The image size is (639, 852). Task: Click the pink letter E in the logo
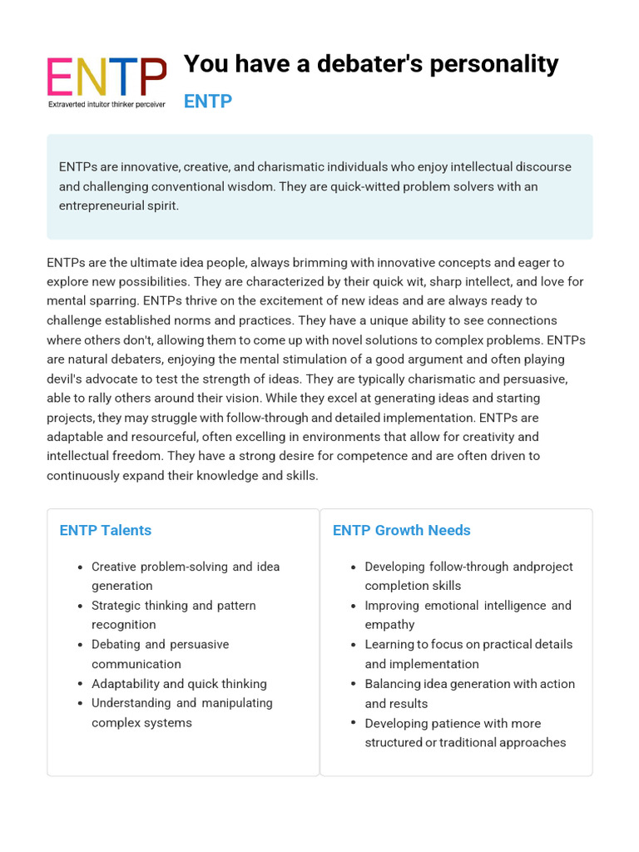62,77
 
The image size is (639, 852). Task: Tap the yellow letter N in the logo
91,77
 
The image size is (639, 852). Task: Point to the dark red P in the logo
151,77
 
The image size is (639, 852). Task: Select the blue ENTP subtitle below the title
207,102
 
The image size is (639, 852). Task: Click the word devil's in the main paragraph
67,379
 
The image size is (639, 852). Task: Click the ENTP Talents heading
105,530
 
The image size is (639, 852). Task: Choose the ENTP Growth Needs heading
401,530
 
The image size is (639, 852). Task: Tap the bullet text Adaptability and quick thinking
179,684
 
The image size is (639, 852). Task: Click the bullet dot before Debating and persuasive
79,645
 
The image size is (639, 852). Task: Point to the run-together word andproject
542,567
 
